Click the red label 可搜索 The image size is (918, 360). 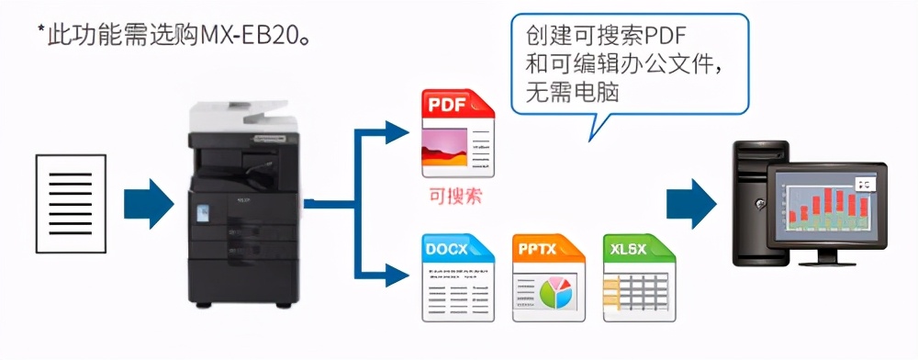tap(455, 196)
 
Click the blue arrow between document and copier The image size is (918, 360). tap(147, 202)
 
